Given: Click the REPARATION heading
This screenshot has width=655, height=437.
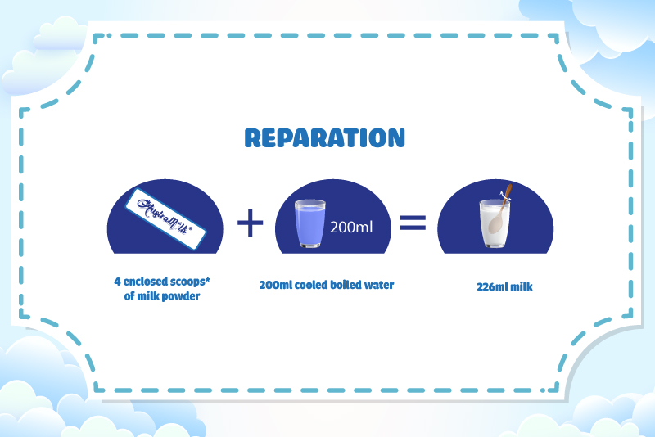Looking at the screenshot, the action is click(x=324, y=138).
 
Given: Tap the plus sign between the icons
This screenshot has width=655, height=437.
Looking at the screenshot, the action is click(x=251, y=223).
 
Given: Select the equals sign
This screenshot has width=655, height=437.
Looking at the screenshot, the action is click(x=413, y=223).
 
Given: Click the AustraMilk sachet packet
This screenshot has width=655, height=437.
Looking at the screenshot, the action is click(x=165, y=219).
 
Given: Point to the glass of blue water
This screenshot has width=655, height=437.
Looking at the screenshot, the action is click(x=310, y=223).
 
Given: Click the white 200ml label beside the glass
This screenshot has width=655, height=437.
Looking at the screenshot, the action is click(x=351, y=228).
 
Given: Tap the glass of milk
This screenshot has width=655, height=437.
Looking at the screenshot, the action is click(x=495, y=223).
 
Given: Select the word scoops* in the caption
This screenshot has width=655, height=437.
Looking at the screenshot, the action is click(x=191, y=282).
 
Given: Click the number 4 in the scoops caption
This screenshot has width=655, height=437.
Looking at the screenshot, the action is click(x=117, y=282).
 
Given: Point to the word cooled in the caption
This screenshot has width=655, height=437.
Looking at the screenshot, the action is click(x=311, y=285).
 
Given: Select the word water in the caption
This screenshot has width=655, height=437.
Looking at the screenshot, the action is click(x=379, y=285).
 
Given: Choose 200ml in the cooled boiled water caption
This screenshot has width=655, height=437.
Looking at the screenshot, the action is click(x=275, y=285).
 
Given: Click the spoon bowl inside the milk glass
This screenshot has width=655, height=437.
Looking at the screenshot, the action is click(x=496, y=223).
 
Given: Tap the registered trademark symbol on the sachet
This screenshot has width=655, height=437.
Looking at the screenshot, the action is click(x=191, y=228).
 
